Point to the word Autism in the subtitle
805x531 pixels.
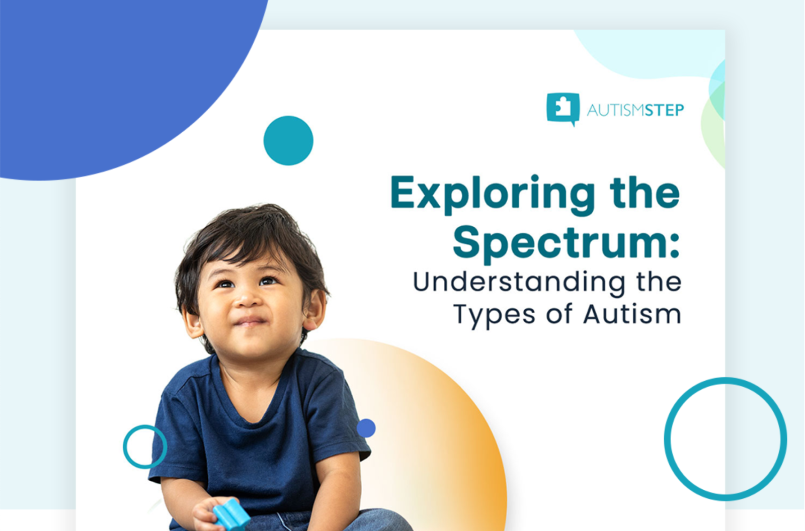pos(632,314)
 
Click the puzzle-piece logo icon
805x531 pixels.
pos(562,108)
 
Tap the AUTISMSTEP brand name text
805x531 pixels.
pos(635,110)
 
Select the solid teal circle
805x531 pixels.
pos(288,140)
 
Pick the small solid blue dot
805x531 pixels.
pos(366,428)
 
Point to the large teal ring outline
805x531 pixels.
pos(667,438)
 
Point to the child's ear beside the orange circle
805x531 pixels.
pos(314,309)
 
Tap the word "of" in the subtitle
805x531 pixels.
pos(559,314)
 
